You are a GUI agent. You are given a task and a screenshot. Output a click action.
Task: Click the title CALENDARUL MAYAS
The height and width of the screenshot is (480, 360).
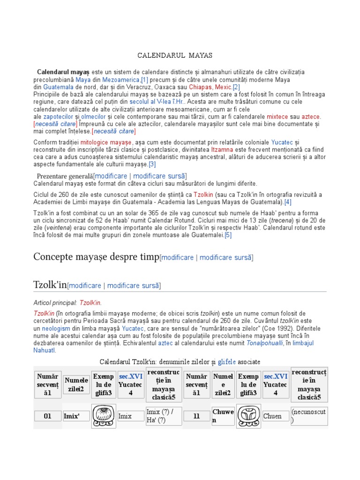[175, 55]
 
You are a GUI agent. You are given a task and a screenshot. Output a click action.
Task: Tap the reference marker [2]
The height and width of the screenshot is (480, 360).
[236, 87]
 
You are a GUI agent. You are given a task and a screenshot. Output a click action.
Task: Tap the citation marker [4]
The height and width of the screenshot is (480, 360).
[287, 202]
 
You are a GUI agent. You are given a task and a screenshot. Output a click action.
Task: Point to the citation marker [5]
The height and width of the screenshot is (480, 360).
[228, 235]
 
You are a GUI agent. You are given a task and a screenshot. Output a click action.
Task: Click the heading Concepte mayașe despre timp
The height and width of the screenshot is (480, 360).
[96, 257]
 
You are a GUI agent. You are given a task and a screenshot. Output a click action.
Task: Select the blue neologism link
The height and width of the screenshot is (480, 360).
[57, 329]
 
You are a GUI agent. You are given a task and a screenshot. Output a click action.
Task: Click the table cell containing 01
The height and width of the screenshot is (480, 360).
[47, 416]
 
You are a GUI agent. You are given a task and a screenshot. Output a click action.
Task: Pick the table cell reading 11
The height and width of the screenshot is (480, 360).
[196, 416]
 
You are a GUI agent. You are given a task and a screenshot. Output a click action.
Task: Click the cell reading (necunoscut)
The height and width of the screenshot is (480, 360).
[309, 416]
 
